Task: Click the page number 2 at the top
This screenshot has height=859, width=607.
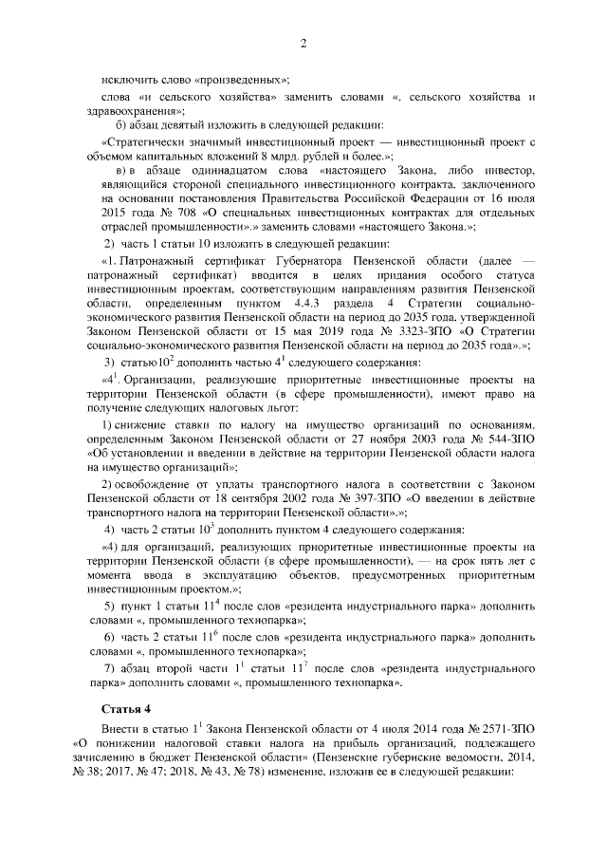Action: (303, 43)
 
